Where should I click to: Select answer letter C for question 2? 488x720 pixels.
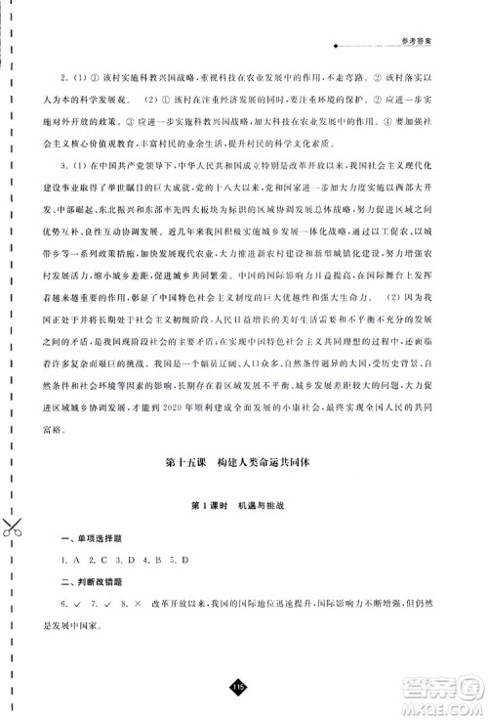click(x=101, y=559)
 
